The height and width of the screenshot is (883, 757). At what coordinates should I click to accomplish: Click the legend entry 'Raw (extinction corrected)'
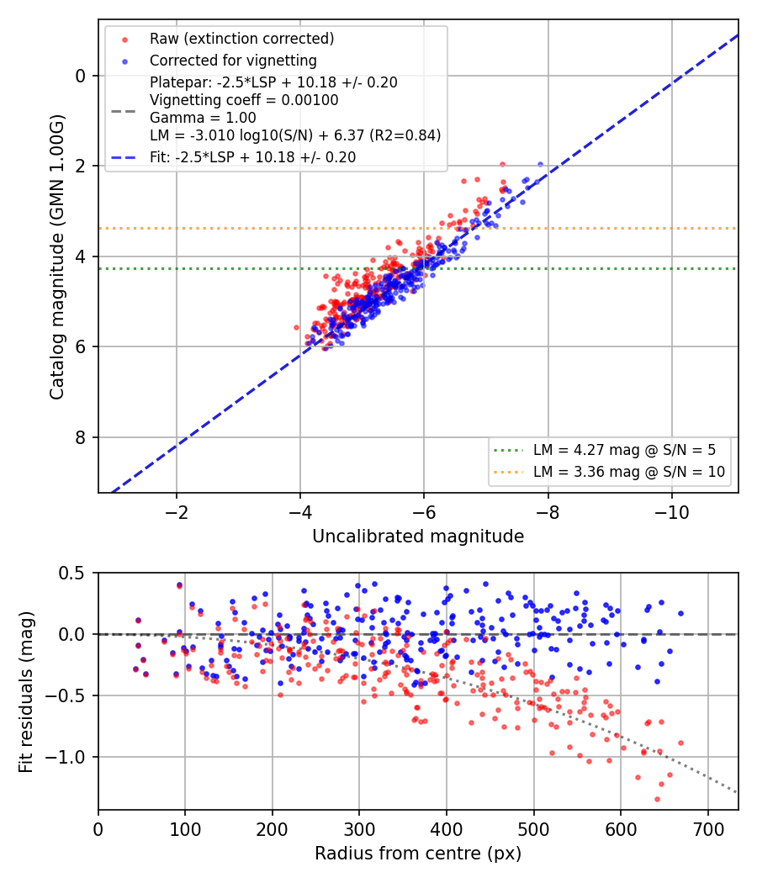pyautogui.click(x=241, y=39)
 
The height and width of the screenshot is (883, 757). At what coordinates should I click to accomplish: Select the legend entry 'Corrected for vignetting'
pyautogui.click(x=233, y=61)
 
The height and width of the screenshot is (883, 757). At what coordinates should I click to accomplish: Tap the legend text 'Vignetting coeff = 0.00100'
pyautogui.click(x=244, y=100)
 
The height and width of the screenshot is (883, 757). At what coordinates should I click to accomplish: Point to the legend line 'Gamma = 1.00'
pyautogui.click(x=203, y=118)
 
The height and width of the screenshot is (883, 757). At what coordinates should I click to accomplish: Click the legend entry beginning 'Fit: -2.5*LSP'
pyautogui.click(x=252, y=157)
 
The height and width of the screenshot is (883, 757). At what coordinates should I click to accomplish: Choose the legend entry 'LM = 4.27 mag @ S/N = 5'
pyautogui.click(x=624, y=450)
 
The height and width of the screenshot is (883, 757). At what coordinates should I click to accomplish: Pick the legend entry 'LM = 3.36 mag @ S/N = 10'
pyautogui.click(x=628, y=472)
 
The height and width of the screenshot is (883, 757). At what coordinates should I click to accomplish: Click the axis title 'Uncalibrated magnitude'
pyautogui.click(x=418, y=537)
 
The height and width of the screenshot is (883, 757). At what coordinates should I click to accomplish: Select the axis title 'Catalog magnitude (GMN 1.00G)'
pyautogui.click(x=57, y=257)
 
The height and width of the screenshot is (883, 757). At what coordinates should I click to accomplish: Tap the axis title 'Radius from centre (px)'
pyautogui.click(x=418, y=854)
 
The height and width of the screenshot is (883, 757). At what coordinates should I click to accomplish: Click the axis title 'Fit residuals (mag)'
pyautogui.click(x=26, y=692)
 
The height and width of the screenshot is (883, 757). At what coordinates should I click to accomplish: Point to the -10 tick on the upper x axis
pyautogui.click(x=671, y=512)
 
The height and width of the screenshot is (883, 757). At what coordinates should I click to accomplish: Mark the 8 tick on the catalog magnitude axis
pyautogui.click(x=81, y=437)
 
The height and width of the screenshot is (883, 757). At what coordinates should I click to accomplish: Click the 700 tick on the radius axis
pyautogui.click(x=707, y=829)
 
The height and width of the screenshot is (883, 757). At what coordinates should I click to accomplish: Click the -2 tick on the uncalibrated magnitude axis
pyautogui.click(x=177, y=512)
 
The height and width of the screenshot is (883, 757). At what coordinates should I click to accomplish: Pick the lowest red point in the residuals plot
pyautogui.click(x=657, y=799)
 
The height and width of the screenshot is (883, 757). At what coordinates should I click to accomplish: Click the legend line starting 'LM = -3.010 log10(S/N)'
pyautogui.click(x=295, y=135)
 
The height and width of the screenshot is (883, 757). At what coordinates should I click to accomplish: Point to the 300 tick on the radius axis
pyautogui.click(x=359, y=829)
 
